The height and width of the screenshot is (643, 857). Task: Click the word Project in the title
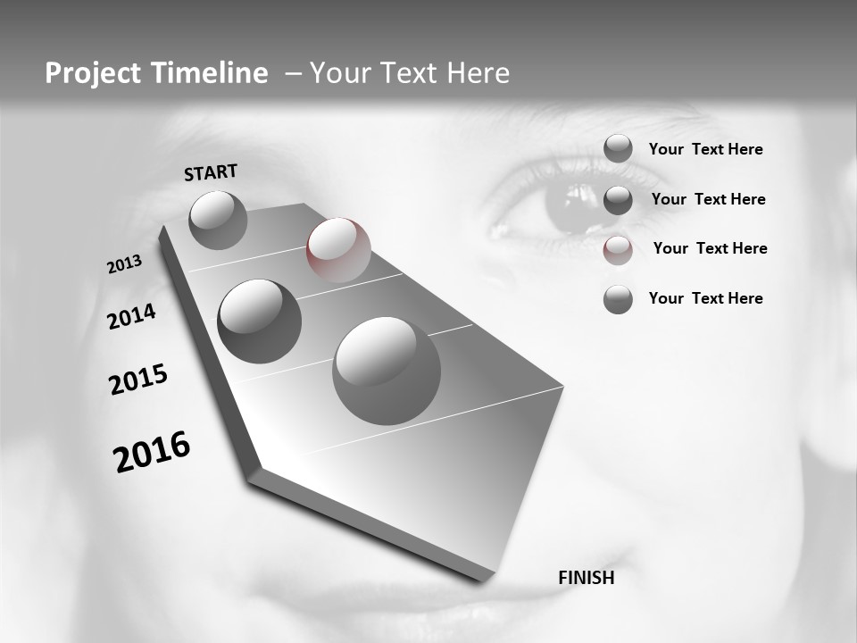click(92, 73)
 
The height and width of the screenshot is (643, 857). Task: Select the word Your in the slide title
click(338, 73)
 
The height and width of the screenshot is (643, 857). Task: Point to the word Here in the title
click(476, 73)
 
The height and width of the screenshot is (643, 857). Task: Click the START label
click(211, 171)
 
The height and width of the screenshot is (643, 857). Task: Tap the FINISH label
click(586, 578)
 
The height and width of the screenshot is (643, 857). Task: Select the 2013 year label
click(124, 264)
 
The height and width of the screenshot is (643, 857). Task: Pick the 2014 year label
click(131, 316)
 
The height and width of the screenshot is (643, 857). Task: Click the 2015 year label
click(138, 380)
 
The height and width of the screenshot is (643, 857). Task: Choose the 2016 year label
click(152, 451)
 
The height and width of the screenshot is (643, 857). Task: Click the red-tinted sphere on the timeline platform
click(338, 250)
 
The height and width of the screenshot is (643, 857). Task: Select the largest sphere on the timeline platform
click(387, 371)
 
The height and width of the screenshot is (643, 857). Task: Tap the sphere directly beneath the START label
click(218, 220)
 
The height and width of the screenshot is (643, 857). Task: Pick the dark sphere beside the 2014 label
click(259, 321)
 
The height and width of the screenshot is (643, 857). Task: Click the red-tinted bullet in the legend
click(618, 250)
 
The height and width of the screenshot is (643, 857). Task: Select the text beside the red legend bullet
click(710, 248)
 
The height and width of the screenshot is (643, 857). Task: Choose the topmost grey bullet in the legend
click(618, 148)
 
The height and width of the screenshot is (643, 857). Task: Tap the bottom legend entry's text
click(705, 298)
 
